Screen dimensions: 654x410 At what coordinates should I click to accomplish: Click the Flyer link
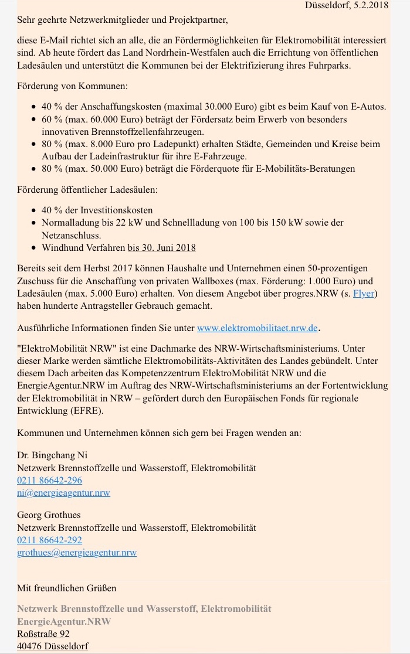[x=363, y=294]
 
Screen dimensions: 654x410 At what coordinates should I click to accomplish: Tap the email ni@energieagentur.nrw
[x=63, y=493]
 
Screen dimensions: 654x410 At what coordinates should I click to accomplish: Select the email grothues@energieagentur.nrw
[x=77, y=552]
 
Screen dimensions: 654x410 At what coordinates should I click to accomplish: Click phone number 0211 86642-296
[x=49, y=481]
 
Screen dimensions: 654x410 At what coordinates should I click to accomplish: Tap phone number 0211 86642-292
[x=49, y=540]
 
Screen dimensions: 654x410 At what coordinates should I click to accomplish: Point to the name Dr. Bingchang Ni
[x=52, y=455]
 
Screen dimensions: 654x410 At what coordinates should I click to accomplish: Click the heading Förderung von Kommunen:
[x=72, y=86]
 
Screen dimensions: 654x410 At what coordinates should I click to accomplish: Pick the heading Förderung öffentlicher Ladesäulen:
[x=87, y=190]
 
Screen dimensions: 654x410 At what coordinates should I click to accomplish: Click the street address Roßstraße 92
[x=43, y=634]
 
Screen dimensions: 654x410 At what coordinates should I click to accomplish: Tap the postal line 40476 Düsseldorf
[x=53, y=646]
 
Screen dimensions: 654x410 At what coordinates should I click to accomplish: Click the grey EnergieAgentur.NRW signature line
[x=64, y=621]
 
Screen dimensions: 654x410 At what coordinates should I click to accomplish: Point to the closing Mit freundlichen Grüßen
[x=67, y=588]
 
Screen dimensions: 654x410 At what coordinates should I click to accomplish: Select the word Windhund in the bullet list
[x=62, y=247]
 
